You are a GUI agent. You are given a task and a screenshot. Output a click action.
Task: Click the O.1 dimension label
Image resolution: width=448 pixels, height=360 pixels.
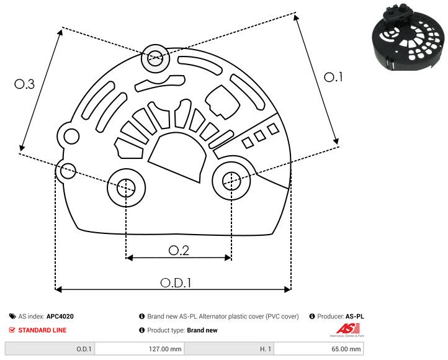[333, 77]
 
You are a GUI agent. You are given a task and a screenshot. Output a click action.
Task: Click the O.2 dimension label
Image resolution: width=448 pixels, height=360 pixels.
[179, 250]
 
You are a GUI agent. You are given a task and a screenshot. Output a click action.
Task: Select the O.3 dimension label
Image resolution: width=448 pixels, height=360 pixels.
[24, 84]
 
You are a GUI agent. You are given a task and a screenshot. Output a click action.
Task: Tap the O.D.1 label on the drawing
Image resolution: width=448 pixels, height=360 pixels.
[176, 282]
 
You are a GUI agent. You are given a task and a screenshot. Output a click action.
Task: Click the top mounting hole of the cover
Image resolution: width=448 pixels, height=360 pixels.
[154, 60]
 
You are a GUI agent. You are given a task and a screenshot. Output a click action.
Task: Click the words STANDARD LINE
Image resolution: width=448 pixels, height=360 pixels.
[42, 330]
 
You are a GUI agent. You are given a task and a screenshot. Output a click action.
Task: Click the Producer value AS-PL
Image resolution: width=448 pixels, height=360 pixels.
[354, 317]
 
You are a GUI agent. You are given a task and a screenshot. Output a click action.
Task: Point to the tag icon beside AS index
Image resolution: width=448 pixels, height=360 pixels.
[12, 317]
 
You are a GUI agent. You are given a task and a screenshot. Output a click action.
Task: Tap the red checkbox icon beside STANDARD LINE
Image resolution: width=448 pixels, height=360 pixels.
[12, 330]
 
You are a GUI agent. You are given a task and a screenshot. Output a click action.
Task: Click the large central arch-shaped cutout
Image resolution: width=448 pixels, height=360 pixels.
[177, 159]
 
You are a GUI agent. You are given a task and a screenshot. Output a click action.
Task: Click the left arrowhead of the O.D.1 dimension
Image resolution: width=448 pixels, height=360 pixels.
[58, 289]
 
